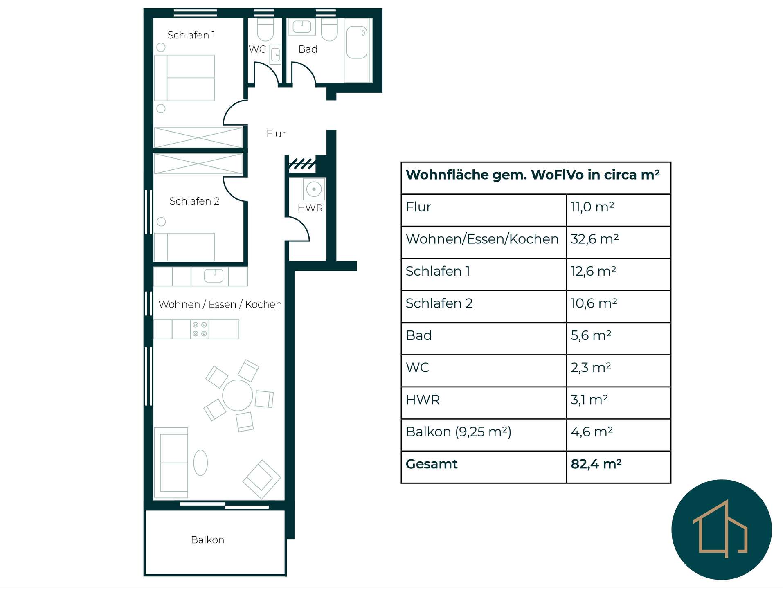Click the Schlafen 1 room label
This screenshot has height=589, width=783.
tap(191, 35)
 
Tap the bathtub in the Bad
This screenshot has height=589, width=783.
tap(357, 43)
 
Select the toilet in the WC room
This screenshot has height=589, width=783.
tap(265, 29)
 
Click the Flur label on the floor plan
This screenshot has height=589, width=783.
tap(276, 134)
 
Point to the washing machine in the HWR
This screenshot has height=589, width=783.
tap(314, 189)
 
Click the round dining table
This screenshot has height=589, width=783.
tap(237, 395)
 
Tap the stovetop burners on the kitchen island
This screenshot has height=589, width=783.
tap(200, 329)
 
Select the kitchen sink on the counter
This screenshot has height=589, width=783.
tap(214, 276)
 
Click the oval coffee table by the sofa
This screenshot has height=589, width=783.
tap(200, 463)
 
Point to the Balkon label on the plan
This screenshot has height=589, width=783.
tap(207, 540)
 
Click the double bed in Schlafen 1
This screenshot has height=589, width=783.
tap(184, 78)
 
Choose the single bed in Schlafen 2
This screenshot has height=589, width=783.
tap(184, 247)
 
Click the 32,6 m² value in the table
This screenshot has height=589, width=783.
tap(594, 239)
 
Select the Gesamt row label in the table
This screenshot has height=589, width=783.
tap(432, 464)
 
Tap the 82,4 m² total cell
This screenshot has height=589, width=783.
tap(596, 464)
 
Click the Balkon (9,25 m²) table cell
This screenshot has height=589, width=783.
tap(459, 432)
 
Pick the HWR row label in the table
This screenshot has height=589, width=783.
tap(423, 400)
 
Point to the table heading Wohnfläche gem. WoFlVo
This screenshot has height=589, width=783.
tap(533, 175)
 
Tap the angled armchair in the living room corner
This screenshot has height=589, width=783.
tap(262, 479)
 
